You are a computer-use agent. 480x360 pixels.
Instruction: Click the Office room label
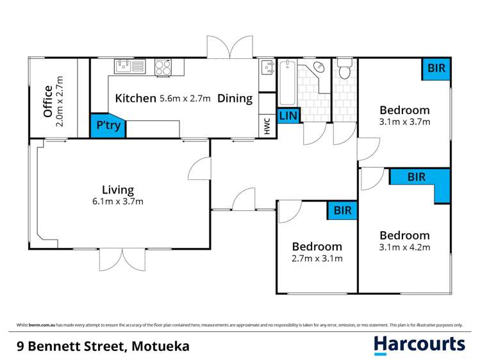pyautogui.click(x=47, y=101)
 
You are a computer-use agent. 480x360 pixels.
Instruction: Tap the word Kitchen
pyautogui.click(x=135, y=99)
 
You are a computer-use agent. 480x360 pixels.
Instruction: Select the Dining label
pyautogui.click(x=235, y=99)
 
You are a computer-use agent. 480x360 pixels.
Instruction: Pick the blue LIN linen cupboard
pyautogui.click(x=288, y=116)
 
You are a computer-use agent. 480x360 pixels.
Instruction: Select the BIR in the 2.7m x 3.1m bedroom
pyautogui.click(x=341, y=210)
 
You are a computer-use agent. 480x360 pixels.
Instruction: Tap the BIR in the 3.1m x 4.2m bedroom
pyautogui.click(x=417, y=177)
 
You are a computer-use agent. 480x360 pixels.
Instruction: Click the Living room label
pyautogui.click(x=118, y=190)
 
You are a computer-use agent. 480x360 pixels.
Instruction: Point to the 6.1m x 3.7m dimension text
pyautogui.click(x=119, y=201)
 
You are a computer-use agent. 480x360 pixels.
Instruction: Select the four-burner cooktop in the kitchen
pyautogui.click(x=163, y=65)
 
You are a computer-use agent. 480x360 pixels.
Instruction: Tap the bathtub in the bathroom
pyautogui.click(x=288, y=82)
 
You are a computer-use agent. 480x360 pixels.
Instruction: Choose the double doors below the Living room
pyautogui.click(x=122, y=259)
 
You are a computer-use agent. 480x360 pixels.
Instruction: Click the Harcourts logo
pyautogui.click(x=419, y=345)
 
